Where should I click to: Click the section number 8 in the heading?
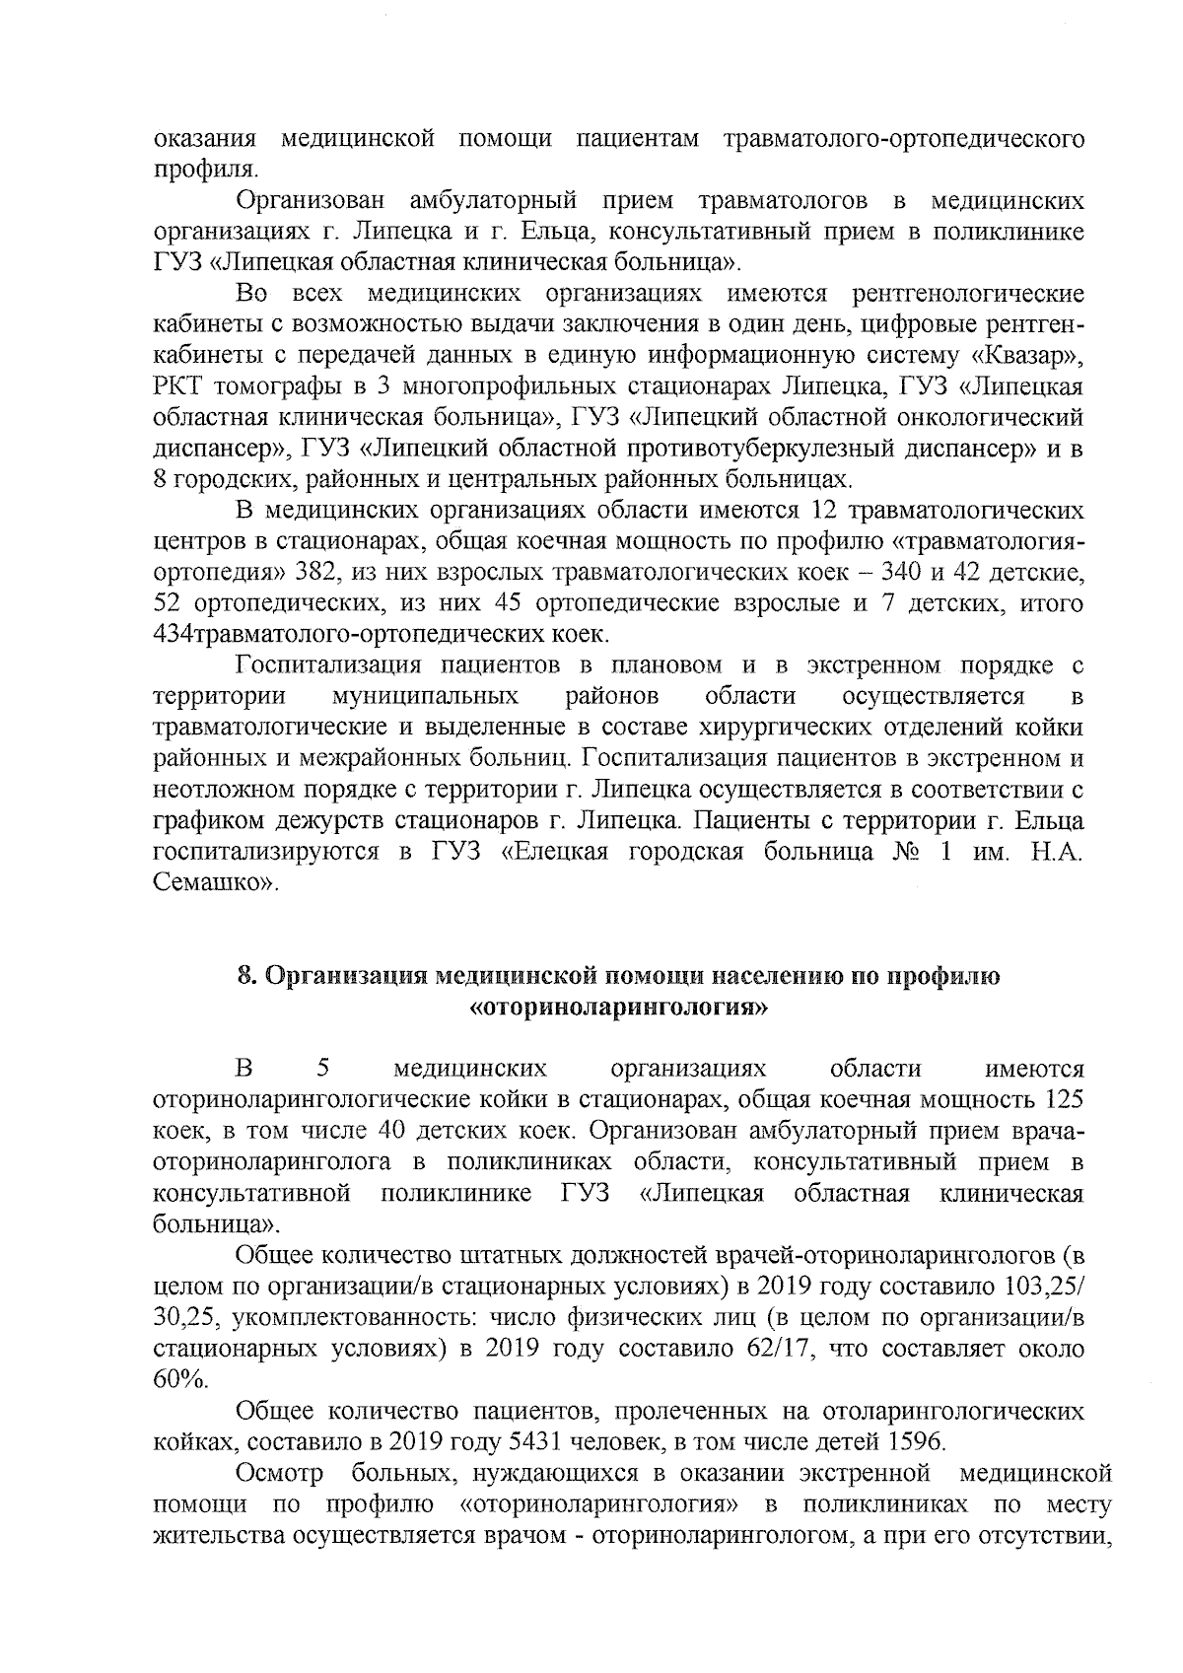(x=245, y=976)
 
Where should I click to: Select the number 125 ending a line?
(x=1066, y=1099)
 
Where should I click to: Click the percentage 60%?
(x=180, y=1380)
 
